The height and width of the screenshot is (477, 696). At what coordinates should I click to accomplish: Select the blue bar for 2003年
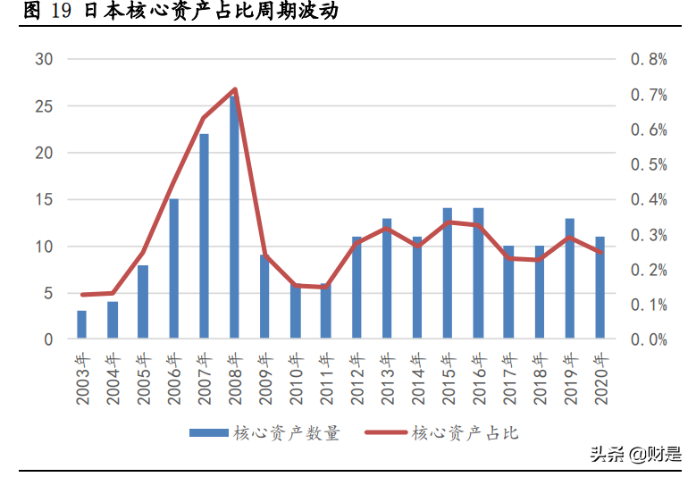point(82,325)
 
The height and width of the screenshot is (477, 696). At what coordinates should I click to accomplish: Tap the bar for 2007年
point(204,237)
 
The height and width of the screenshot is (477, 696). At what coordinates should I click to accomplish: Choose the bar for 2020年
point(600,288)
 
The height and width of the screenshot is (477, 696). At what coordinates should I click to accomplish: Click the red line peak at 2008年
point(234,89)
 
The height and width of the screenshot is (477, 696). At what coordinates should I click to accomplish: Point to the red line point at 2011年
point(326,287)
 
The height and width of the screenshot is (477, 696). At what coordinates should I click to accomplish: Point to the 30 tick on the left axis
point(44,60)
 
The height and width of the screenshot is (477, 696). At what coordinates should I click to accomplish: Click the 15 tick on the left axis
point(44,200)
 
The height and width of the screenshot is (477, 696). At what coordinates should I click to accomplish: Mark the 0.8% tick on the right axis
point(650,60)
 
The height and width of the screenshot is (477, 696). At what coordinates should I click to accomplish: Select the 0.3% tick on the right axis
point(650,235)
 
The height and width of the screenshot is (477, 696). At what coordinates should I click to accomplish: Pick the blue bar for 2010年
point(296,312)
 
